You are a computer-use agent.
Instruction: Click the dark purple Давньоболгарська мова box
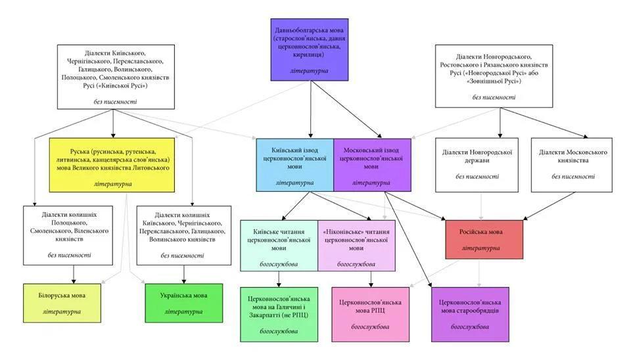[309, 50]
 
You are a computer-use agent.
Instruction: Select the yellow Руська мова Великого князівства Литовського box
[111, 165]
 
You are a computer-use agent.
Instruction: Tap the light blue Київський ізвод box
[295, 165]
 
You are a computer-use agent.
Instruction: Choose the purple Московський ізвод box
[371, 165]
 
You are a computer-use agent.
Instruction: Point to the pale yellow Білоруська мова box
[62, 303]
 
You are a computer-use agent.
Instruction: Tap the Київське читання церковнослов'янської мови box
[279, 246]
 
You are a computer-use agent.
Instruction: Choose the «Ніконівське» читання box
[356, 246]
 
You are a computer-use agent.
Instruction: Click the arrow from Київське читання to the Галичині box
[279, 279]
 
